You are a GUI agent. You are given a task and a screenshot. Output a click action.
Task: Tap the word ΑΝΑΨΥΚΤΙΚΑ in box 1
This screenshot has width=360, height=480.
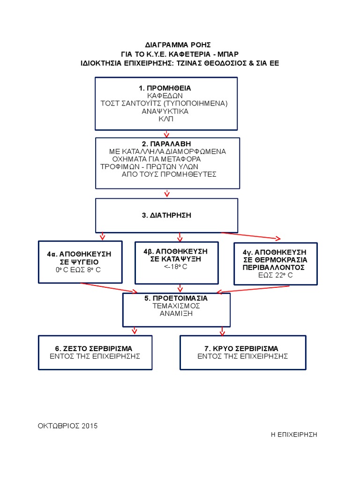[165, 112]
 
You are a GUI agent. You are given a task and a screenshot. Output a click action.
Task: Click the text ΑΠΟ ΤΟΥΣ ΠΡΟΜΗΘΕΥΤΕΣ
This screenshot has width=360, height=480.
[169, 174]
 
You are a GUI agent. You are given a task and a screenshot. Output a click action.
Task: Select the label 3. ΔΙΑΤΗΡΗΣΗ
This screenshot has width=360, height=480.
[167, 215]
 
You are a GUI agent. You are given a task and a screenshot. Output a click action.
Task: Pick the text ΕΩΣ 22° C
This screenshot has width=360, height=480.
[275, 275]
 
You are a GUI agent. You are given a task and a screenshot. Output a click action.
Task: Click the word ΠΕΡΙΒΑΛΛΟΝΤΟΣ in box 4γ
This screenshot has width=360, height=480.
[274, 267]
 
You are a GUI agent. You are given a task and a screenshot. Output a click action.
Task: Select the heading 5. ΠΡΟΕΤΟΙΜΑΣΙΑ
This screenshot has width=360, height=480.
[176, 298]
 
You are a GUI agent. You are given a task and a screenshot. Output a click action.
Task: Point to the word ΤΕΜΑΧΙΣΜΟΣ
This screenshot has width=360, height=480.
[176, 306]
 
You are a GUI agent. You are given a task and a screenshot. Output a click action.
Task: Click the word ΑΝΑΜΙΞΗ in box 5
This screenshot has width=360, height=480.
[176, 314]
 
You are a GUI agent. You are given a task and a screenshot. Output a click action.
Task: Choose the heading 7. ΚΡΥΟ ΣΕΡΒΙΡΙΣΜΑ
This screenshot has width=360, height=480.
[242, 348]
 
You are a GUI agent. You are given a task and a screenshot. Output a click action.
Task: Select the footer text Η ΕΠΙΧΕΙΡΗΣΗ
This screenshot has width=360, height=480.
[294, 434]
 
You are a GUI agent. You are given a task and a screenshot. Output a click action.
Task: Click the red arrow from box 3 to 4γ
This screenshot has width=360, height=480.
[251, 236]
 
